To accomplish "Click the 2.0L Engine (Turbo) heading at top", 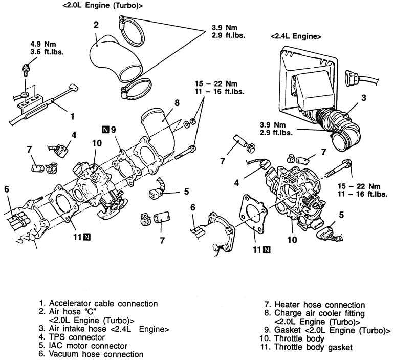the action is [x=102, y=5].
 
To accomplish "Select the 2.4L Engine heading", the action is [x=296, y=36].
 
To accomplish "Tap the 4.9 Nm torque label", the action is [x=43, y=44].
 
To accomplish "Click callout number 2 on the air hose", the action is [x=96, y=25].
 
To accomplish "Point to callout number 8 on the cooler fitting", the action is [x=177, y=102].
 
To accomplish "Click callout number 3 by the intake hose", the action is [x=364, y=98].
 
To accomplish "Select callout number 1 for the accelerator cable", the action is [x=72, y=116].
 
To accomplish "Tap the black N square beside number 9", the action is [x=105, y=130].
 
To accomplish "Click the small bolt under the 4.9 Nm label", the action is [x=25, y=70].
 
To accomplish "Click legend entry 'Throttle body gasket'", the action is [x=307, y=347].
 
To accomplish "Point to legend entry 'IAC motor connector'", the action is [x=83, y=346].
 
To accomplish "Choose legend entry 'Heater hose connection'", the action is [x=314, y=305].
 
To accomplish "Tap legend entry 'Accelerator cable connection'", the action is [x=98, y=304].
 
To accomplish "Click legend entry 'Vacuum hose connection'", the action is [x=91, y=354].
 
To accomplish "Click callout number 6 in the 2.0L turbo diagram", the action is [x=7, y=189].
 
